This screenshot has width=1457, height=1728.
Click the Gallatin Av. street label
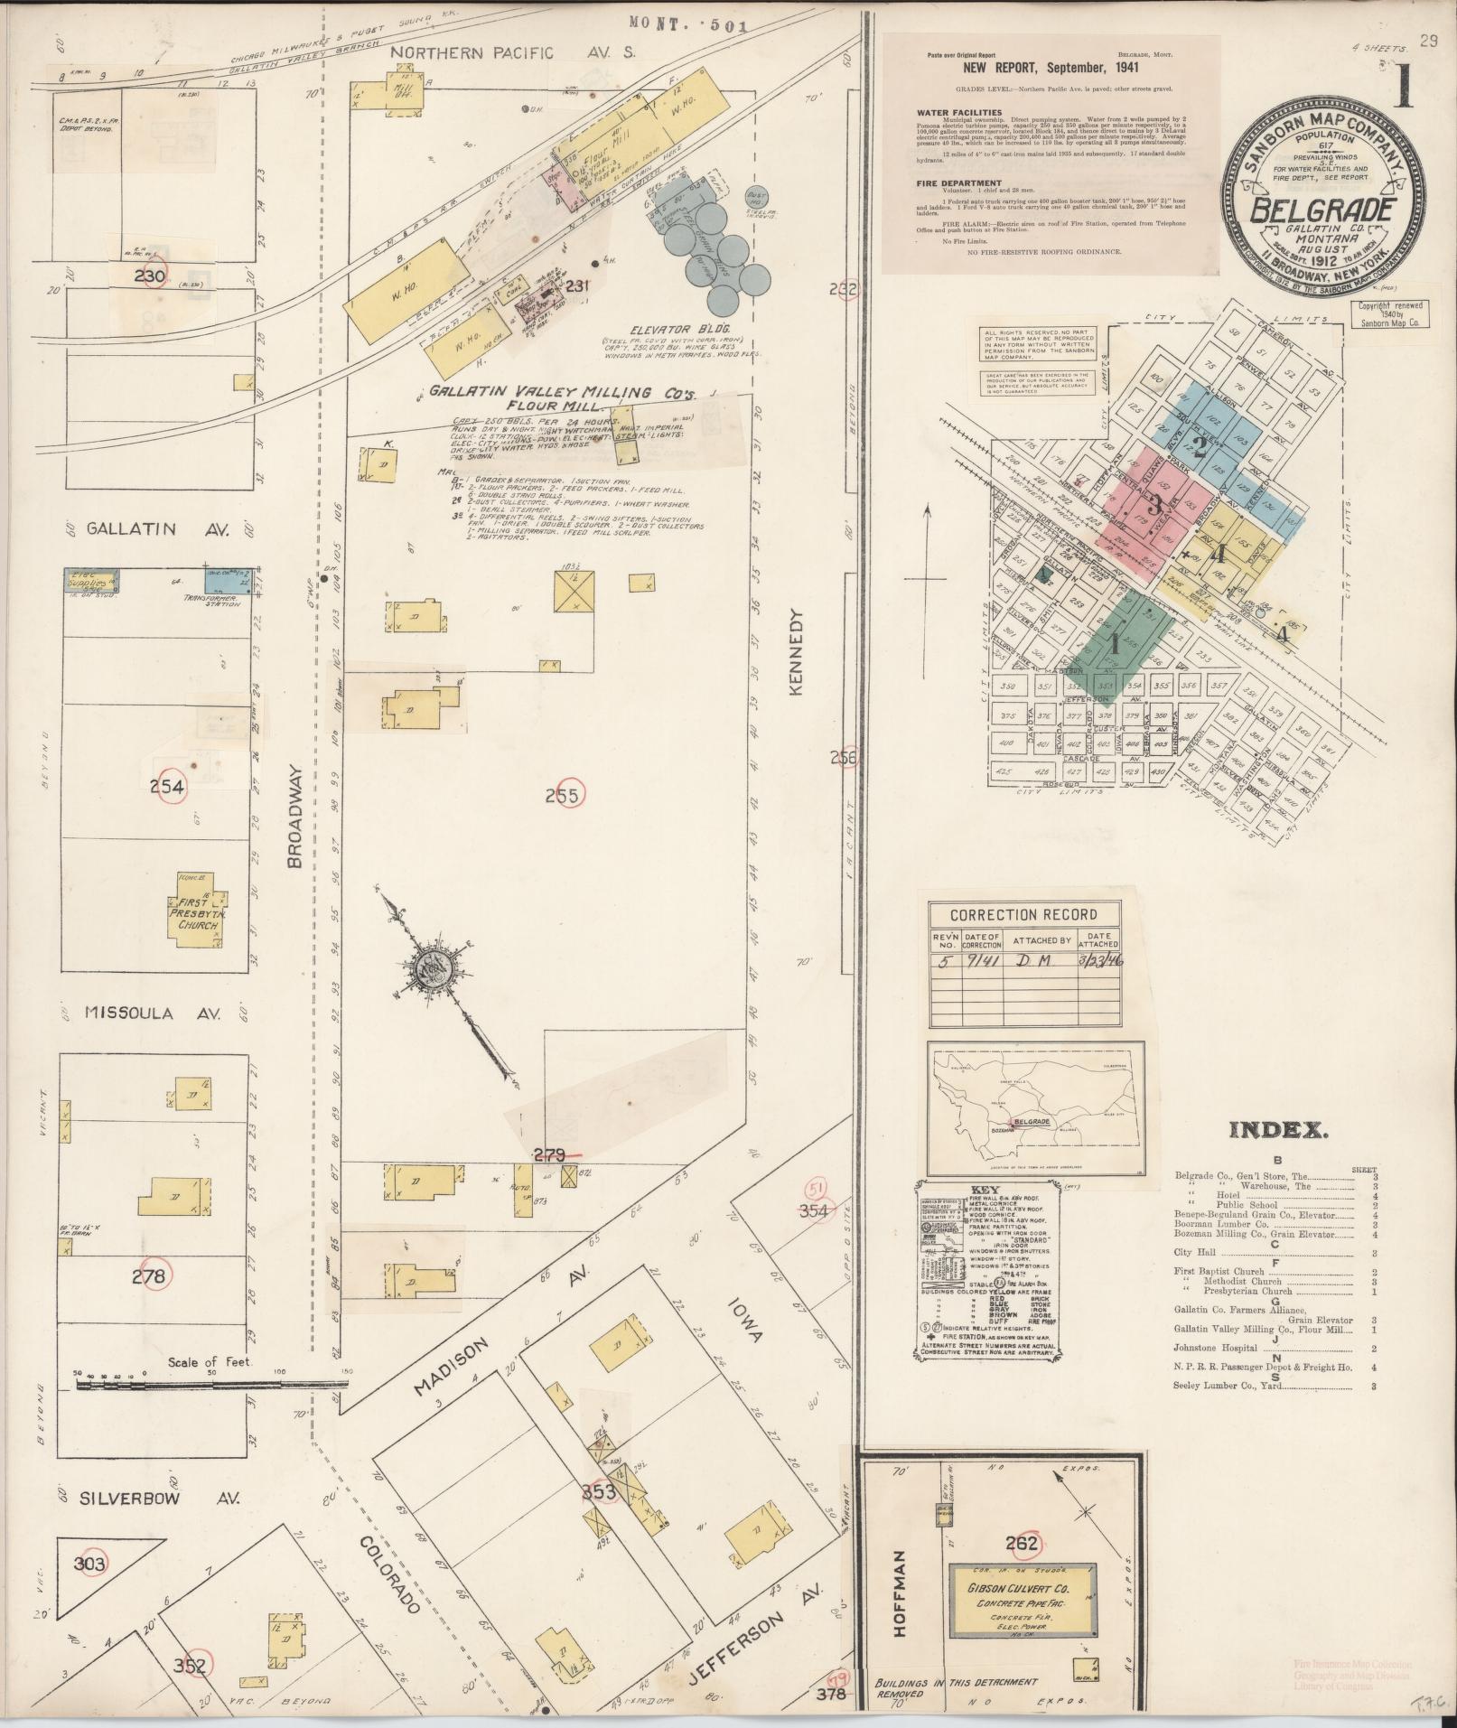[144, 529]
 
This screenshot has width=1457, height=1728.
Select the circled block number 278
[148, 1275]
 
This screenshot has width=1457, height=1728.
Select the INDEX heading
[1275, 1129]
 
